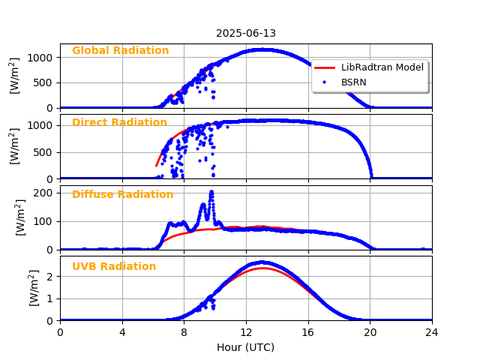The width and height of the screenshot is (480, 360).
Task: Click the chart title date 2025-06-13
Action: pyautogui.click(x=246, y=34)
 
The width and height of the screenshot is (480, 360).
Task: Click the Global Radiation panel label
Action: pyautogui.click(x=120, y=51)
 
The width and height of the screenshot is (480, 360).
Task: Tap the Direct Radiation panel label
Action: pyautogui.click(x=119, y=123)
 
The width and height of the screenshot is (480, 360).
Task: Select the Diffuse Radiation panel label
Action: pyautogui.click(x=122, y=195)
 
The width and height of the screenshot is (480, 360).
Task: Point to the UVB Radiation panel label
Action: pyautogui.click(x=114, y=267)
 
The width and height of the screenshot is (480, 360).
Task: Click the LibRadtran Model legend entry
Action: pyautogui.click(x=382, y=67)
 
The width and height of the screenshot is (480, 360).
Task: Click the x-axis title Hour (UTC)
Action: pyautogui.click(x=246, y=347)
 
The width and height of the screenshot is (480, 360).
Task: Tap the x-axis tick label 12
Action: pyautogui.click(x=246, y=333)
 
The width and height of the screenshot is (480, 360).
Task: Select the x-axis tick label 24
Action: pyautogui.click(x=432, y=333)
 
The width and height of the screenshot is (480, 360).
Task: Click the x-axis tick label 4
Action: pyautogui.click(x=122, y=333)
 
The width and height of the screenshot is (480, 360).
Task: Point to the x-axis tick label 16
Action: pyautogui.click(x=308, y=333)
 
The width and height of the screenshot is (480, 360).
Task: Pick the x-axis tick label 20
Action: pyautogui.click(x=370, y=333)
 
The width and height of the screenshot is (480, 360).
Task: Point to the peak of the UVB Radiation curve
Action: pyautogui.click(x=261, y=262)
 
